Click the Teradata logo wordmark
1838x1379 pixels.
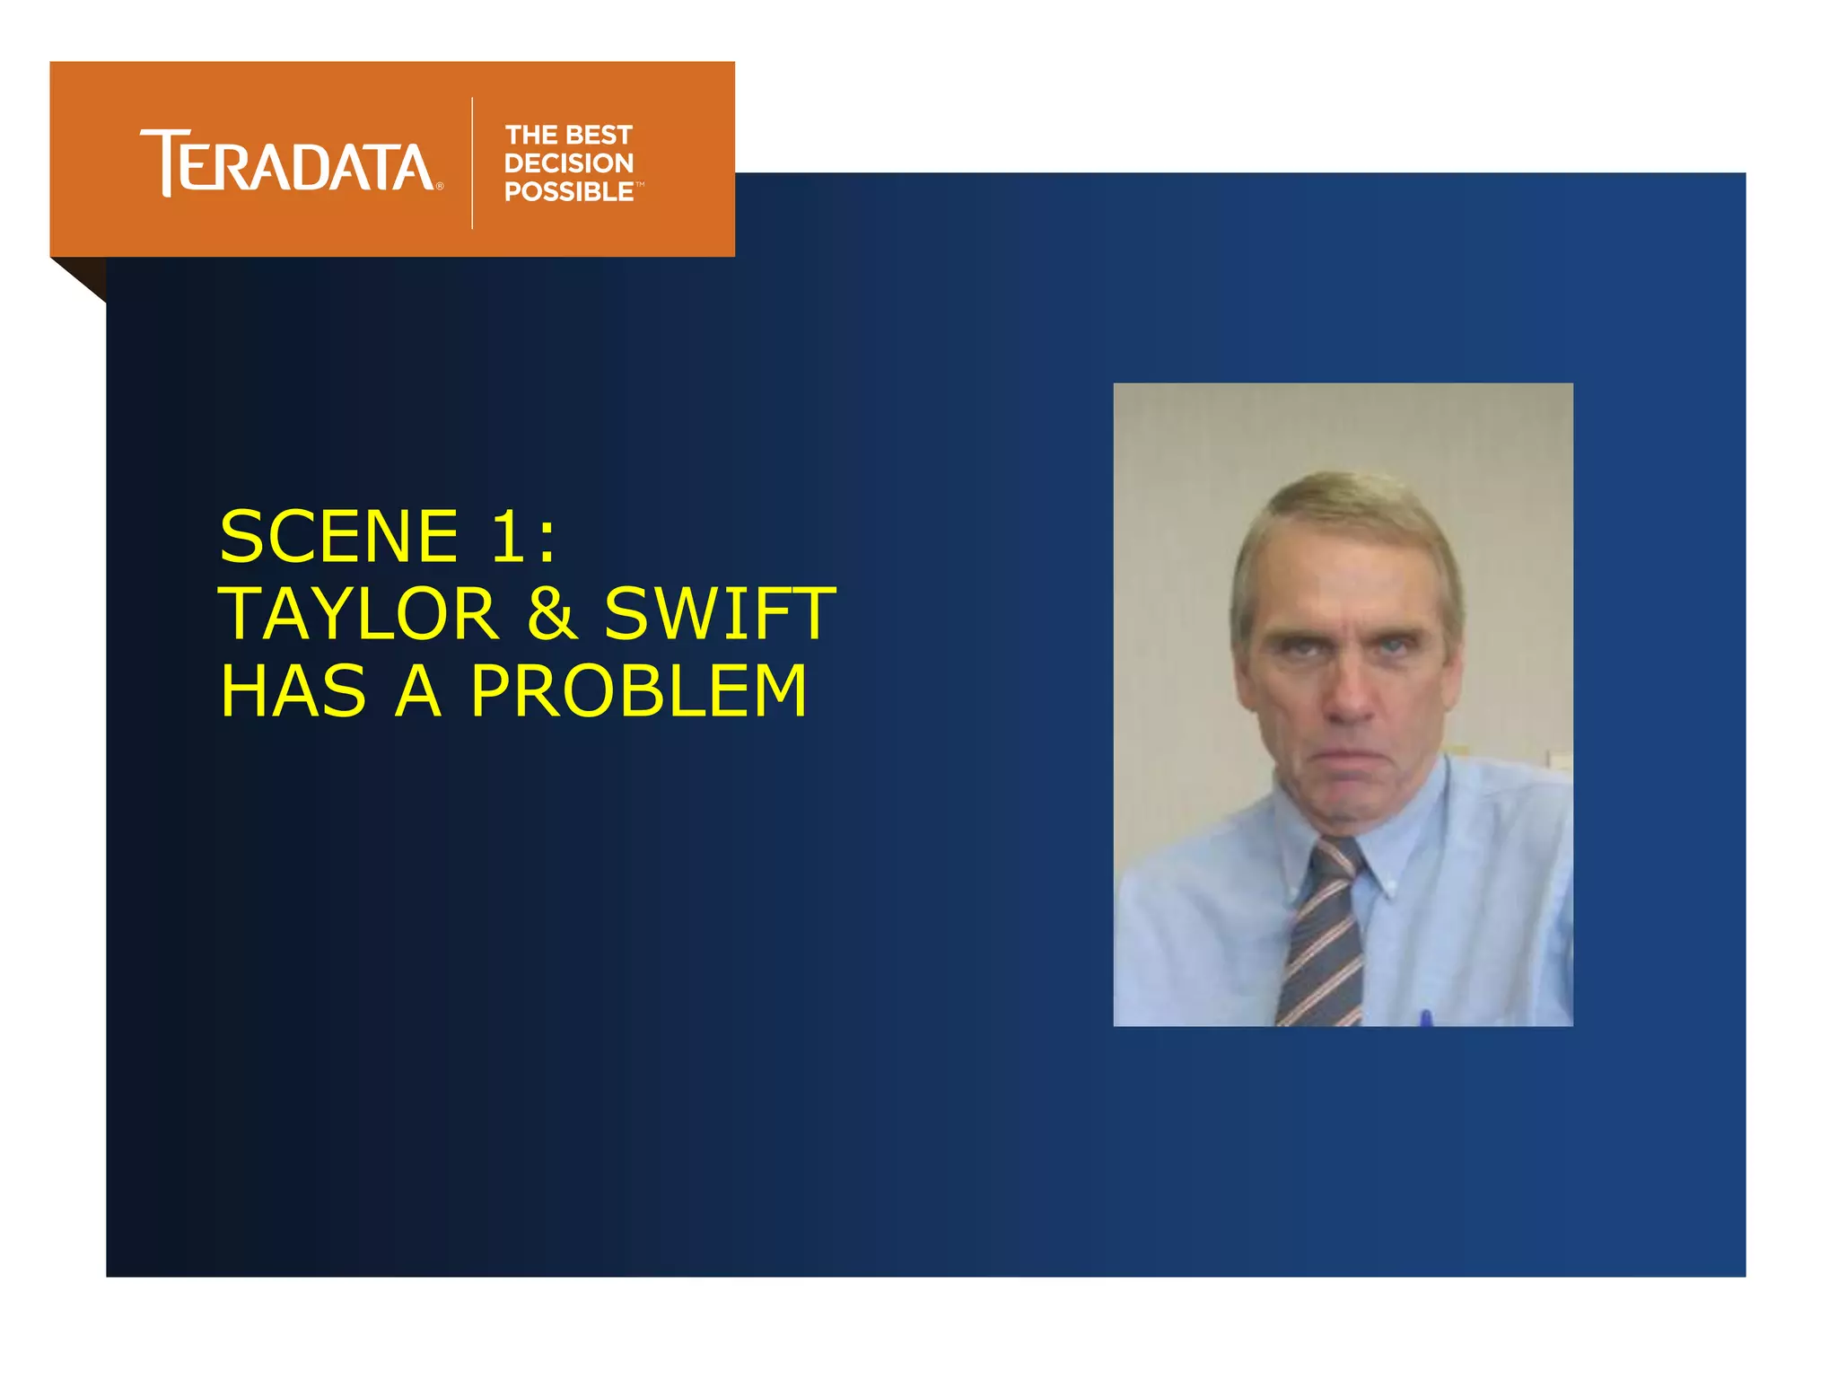287,163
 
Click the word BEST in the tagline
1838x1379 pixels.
599,135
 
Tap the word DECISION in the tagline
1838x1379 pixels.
569,163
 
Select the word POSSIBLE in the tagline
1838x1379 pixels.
569,192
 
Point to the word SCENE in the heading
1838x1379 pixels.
339,536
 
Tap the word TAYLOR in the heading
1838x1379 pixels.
358,614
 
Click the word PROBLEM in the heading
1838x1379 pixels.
639,691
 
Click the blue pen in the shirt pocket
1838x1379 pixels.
1426,1018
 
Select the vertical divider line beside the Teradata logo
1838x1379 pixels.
472,163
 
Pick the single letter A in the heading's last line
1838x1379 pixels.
419,691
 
